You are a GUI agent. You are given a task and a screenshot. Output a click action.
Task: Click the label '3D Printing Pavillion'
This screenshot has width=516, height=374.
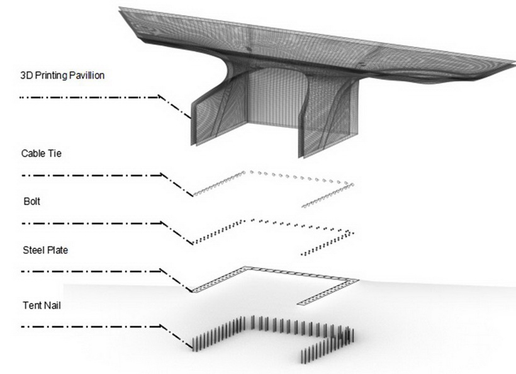[x=62, y=76]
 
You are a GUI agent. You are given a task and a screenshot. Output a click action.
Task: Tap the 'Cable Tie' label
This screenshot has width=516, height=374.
[x=41, y=154]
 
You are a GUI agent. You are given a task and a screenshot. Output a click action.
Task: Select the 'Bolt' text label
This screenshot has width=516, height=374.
[x=32, y=201]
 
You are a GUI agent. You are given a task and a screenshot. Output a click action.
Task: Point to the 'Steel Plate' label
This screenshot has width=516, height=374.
[x=45, y=250]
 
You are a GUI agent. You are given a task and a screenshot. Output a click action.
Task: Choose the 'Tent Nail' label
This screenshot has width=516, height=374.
[x=42, y=305]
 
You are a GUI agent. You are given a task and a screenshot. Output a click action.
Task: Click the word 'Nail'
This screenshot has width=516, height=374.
[x=52, y=305]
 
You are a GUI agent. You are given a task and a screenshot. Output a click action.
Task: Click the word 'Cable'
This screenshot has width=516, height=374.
[x=32, y=154]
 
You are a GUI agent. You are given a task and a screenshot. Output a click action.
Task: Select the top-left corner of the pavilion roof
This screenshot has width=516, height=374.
[x=119, y=8]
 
